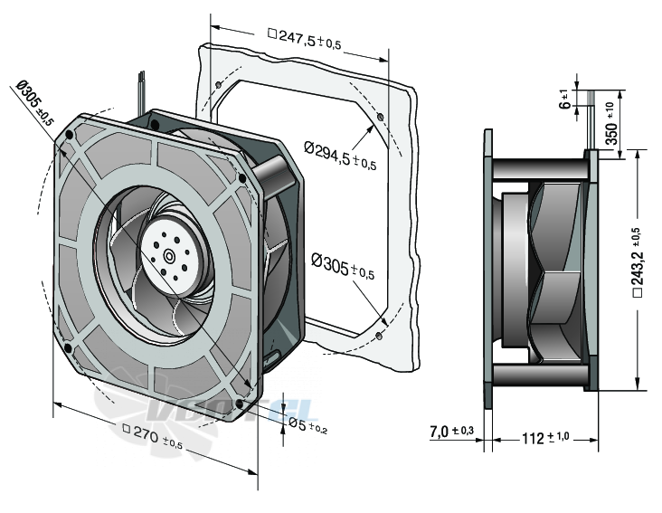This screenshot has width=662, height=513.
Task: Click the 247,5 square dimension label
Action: pyautogui.click(x=305, y=38)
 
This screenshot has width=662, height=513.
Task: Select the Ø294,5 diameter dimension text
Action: pyautogui.click(x=340, y=155)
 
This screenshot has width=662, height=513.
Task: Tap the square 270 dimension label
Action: pyautogui.click(x=153, y=436)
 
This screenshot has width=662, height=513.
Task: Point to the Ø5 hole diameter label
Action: pyautogui.click(x=307, y=424)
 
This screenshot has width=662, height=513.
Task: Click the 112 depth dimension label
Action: pyautogui.click(x=545, y=438)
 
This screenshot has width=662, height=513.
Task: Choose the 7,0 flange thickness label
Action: pyautogui.click(x=452, y=432)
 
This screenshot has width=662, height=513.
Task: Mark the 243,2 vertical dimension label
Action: pyautogui.click(x=638, y=262)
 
